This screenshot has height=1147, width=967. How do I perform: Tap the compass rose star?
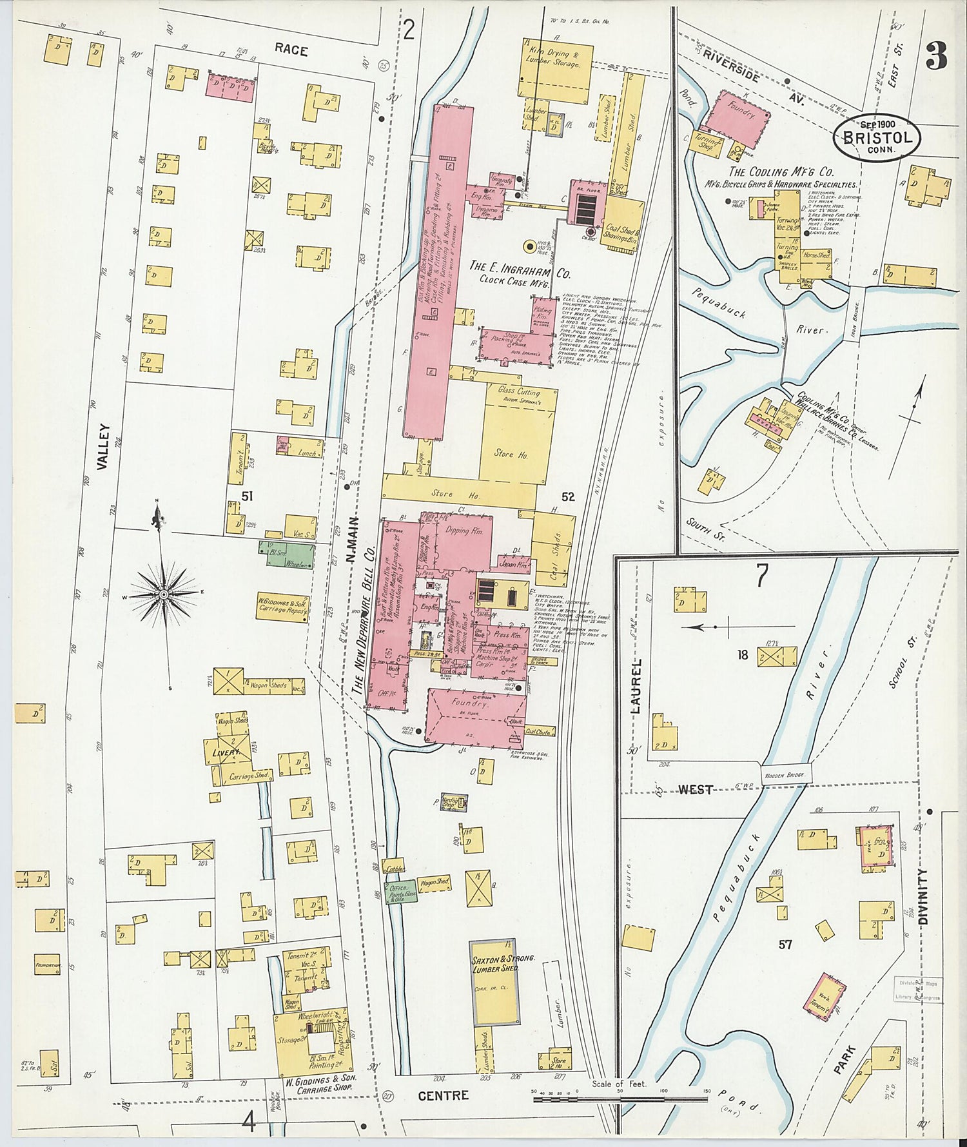coord(165,593)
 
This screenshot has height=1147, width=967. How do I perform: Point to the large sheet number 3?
coord(936,57)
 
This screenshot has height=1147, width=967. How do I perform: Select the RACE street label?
coord(291,50)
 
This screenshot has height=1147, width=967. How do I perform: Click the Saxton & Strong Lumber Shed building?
coord(494,982)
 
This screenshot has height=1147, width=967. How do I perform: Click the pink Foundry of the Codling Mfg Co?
coord(738,121)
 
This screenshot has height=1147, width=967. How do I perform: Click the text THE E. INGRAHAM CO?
coord(519,268)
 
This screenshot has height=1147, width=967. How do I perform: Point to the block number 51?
coord(246,496)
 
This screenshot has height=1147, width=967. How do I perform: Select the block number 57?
coord(785,945)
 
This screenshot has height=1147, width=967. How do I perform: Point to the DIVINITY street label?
coord(922,897)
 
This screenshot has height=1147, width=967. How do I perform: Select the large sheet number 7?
coord(762,576)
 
